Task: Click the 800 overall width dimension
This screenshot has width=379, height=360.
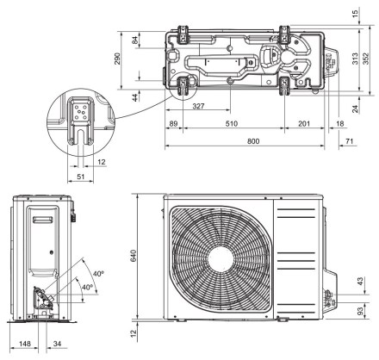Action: [253, 141]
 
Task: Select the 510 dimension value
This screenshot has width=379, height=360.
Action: [232, 124]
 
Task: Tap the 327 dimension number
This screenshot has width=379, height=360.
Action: [198, 106]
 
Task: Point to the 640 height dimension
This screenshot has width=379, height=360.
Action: [134, 256]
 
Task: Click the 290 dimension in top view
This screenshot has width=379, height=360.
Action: [118, 59]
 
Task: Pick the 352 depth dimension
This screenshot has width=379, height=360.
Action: [365, 59]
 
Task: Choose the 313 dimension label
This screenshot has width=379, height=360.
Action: [355, 59]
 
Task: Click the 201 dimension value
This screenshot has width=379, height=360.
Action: [304, 124]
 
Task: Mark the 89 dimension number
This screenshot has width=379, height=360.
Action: [173, 124]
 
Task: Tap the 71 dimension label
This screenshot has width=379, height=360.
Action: [349, 141]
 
